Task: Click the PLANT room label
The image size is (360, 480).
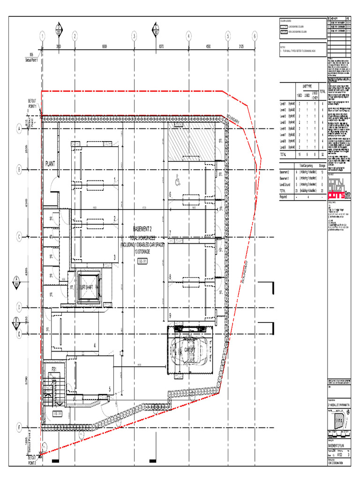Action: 51,164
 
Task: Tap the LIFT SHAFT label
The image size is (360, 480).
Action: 88,287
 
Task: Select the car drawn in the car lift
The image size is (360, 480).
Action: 192,351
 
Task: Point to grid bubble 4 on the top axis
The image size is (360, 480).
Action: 188,36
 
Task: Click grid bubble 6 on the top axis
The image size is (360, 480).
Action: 255,36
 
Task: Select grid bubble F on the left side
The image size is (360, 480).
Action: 20,427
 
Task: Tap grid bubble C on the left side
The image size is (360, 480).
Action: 20,237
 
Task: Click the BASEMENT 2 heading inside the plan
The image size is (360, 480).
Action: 142,229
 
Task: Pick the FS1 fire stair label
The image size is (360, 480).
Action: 54,370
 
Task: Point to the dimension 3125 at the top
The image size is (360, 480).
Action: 241,46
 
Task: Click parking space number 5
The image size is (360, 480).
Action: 110,389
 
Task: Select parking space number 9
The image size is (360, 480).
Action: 171,315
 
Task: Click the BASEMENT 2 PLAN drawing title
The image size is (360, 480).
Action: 336,447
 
